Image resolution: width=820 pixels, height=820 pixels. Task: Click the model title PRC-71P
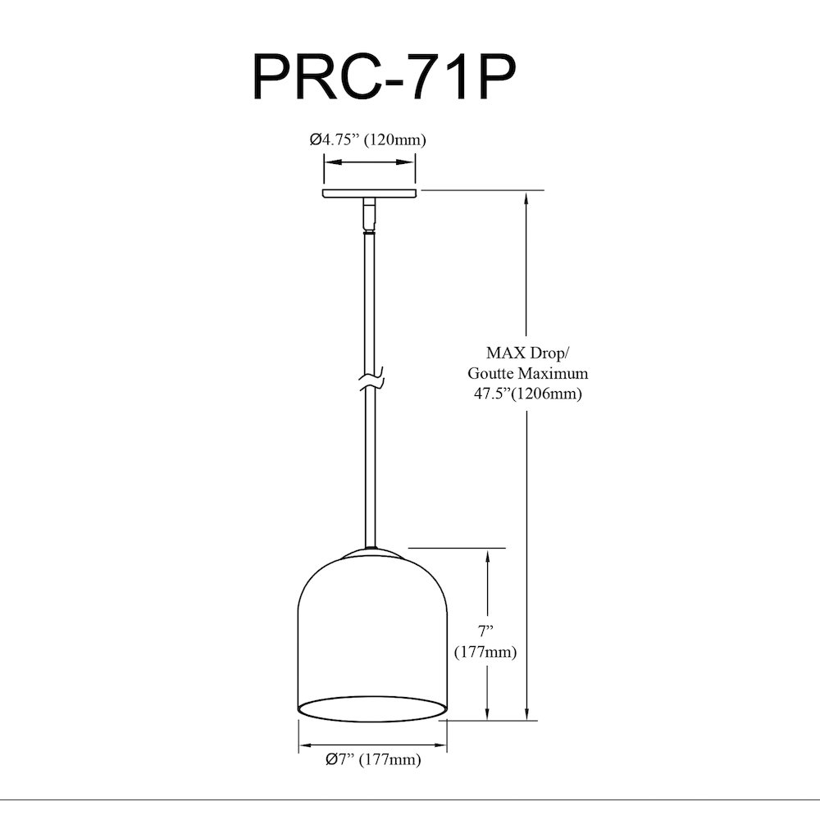tap(385, 77)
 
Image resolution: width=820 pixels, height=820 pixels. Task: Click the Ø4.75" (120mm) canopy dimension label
tap(367, 139)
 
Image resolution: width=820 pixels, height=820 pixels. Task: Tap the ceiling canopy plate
tap(370, 194)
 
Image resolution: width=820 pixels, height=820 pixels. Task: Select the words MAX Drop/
tap(526, 353)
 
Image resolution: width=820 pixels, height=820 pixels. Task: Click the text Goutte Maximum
tap(527, 373)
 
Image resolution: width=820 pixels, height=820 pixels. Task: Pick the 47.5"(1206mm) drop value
tap(527, 394)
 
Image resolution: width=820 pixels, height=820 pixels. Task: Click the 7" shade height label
tap(485, 631)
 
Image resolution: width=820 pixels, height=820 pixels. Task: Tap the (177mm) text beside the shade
tap(485, 652)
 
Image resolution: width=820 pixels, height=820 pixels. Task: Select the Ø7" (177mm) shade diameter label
tap(373, 758)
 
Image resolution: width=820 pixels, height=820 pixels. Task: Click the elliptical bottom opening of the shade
tap(373, 708)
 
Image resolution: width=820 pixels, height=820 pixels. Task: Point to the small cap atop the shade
tap(372, 553)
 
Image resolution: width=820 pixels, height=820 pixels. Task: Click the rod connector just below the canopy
tap(370, 213)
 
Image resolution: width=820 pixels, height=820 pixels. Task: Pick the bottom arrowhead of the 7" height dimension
tap(487, 712)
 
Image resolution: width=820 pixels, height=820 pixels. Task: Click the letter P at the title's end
tap(495, 77)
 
